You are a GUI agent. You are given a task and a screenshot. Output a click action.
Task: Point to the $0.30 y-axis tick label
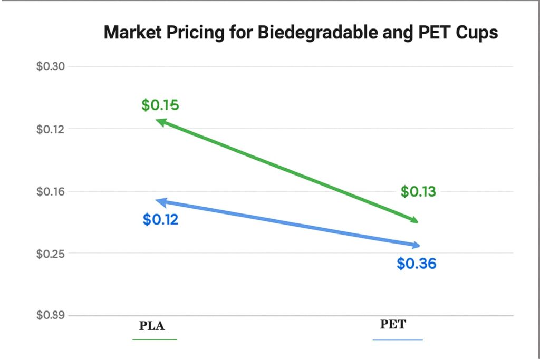point(50,67)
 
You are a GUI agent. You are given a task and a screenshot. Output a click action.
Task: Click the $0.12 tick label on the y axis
point(50,129)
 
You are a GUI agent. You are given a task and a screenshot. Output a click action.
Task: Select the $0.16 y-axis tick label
point(50,191)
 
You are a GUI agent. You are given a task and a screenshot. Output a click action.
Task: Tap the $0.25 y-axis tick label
point(50,254)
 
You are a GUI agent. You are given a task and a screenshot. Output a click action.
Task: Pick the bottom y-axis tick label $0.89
point(50,315)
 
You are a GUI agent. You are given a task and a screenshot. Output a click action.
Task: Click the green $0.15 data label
point(160,105)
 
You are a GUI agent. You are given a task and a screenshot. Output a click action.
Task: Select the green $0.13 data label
point(418,192)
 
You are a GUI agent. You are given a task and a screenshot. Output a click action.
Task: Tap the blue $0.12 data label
point(160,220)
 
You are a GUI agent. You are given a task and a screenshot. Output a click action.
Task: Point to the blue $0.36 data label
point(417,264)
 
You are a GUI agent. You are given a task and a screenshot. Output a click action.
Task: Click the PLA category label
point(152,326)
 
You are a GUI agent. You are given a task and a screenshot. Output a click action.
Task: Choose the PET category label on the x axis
point(393,324)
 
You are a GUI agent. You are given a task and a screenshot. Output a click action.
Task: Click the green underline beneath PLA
point(155,339)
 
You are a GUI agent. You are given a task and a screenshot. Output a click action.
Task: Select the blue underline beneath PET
point(398,340)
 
